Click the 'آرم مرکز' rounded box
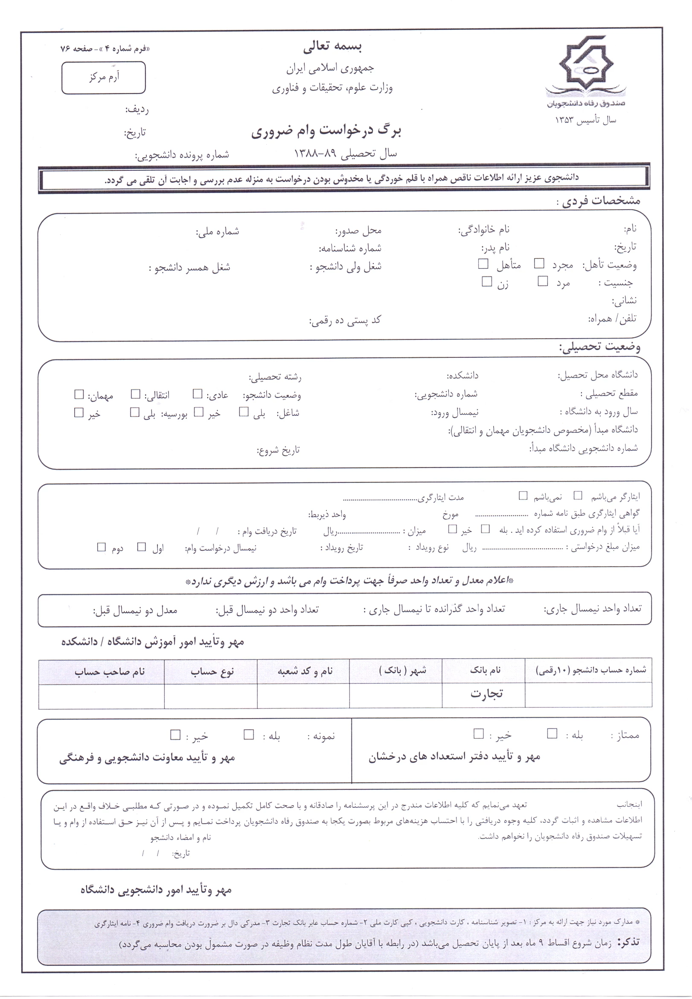(104, 78)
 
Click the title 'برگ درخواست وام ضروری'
(326, 131)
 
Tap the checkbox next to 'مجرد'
(539, 263)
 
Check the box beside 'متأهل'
(483, 263)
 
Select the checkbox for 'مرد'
(542, 281)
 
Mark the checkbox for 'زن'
(487, 281)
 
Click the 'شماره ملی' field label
(217, 232)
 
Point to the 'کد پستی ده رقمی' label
(345, 321)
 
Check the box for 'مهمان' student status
(79, 394)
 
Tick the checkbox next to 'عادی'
(198, 394)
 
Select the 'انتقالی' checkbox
(136, 394)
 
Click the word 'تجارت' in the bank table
(486, 694)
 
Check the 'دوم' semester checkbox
(102, 547)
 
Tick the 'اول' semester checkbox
(141, 547)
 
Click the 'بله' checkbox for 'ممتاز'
(552, 733)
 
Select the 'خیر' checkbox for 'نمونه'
(175, 734)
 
